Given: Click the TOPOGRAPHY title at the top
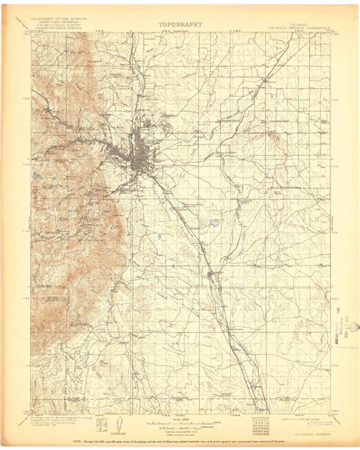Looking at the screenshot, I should point(180,24).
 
